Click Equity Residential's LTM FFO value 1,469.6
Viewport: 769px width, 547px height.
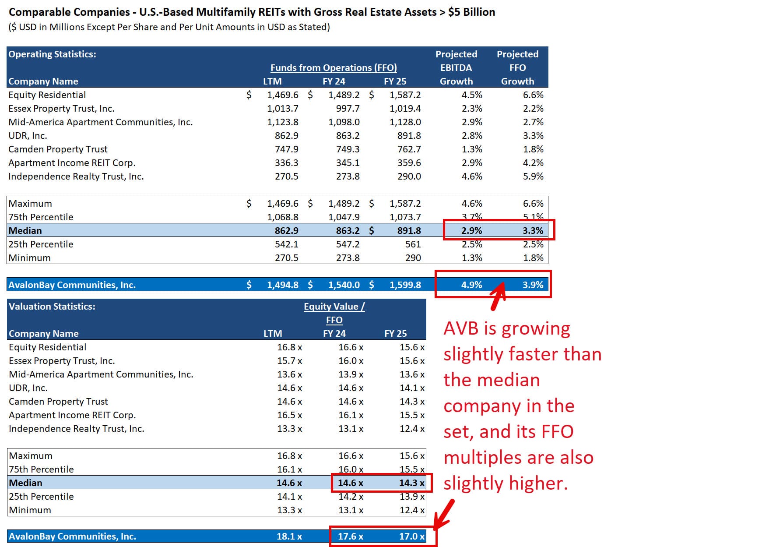(x=282, y=95)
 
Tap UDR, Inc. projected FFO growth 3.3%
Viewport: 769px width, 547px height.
(x=533, y=136)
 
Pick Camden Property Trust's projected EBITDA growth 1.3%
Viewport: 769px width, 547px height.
(x=471, y=149)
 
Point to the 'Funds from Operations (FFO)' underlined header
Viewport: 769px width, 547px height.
(x=334, y=68)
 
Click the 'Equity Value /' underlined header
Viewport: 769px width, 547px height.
(x=334, y=307)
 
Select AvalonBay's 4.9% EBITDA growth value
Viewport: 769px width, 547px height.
(x=471, y=285)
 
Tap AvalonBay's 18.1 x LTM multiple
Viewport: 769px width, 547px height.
(x=289, y=536)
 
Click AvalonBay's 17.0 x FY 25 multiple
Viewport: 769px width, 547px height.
(x=411, y=536)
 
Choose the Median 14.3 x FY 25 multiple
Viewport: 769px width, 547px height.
(x=411, y=483)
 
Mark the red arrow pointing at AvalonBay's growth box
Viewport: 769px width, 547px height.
(x=498, y=296)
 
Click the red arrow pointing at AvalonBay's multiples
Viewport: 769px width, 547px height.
(x=444, y=515)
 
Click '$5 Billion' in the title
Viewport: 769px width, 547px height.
(x=471, y=12)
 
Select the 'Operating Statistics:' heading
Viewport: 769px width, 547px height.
(x=52, y=54)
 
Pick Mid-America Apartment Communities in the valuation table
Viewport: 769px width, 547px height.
(x=101, y=374)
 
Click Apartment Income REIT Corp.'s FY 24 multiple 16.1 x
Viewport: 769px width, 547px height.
(x=350, y=415)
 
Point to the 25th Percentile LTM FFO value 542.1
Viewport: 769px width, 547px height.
(x=286, y=244)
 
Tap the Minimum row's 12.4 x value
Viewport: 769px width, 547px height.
(x=411, y=510)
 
